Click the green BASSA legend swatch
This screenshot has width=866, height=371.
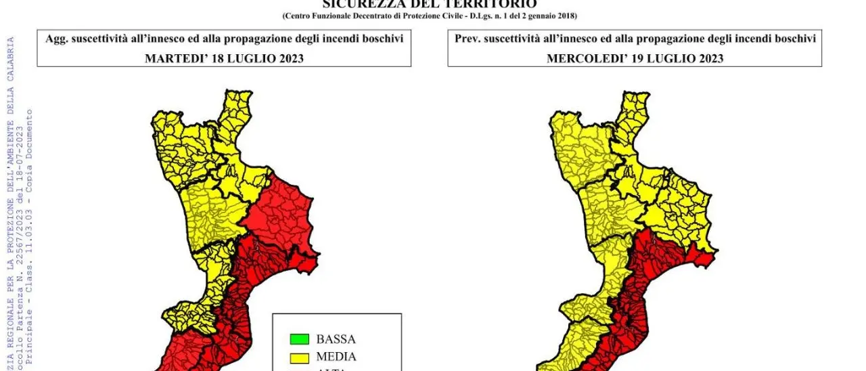(298, 339)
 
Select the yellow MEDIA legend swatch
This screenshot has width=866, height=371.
(298, 357)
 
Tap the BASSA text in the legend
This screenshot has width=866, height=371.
(336, 339)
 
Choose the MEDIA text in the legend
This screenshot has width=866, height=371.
(336, 357)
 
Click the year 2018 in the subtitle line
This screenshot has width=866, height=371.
(566, 16)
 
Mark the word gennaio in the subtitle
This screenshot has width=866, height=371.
(538, 16)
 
